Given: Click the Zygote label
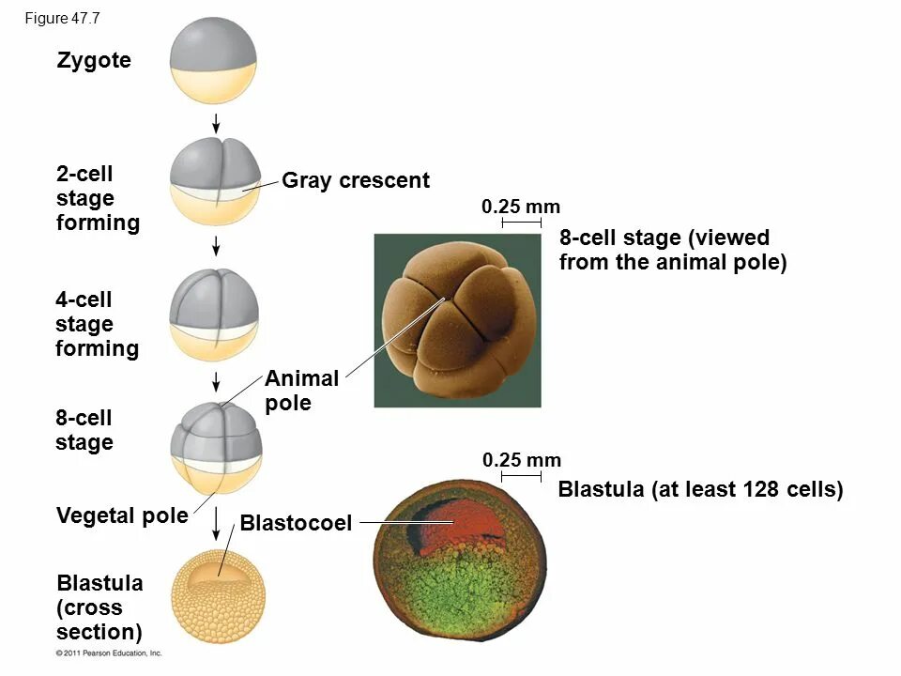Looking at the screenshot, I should (94, 62).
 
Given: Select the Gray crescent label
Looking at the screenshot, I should (356, 180).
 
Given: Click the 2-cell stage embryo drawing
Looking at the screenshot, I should (216, 184).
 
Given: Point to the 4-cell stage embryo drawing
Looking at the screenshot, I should (216, 314).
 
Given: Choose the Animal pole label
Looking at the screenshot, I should (301, 391).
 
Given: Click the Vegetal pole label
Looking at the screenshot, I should (122, 515).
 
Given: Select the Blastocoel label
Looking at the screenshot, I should (296, 523).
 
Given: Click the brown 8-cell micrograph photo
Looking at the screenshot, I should (457, 320).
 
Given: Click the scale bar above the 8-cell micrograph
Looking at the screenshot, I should (521, 223).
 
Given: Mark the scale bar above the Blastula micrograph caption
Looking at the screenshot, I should (521, 477).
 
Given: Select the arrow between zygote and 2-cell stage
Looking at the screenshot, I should (216, 123).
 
